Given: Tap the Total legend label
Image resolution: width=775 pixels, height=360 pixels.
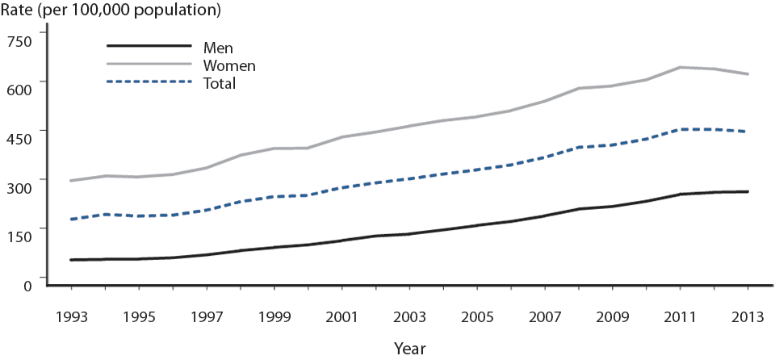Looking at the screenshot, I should click(x=220, y=83).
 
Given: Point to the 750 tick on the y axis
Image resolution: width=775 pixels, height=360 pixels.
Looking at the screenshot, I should click(x=21, y=41).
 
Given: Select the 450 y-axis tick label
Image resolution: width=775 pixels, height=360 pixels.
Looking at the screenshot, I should click(x=21, y=139).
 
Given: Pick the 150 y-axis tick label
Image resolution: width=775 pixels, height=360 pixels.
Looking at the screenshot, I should click(x=21, y=236).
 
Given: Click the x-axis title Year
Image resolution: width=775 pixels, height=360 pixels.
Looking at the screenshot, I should click(x=409, y=348).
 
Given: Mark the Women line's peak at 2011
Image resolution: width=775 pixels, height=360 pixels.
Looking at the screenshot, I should click(x=680, y=67).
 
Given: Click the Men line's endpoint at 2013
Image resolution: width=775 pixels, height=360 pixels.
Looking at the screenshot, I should click(x=748, y=191).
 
